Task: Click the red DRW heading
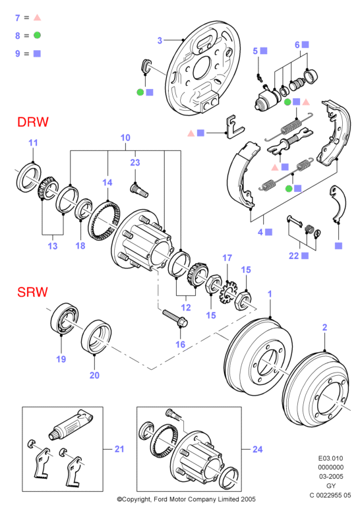pyautogui.click(x=33, y=122)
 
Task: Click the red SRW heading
pyautogui.click(x=32, y=292)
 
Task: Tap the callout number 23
pyautogui.click(x=135, y=163)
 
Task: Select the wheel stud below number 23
pyautogui.click(x=139, y=191)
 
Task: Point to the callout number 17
pyautogui.click(x=227, y=258)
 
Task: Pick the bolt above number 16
pyautogui.click(x=175, y=318)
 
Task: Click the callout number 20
pyautogui.click(x=94, y=375)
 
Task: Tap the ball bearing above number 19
pyautogui.click(x=64, y=319)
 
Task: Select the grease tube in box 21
pyautogui.click(x=71, y=425)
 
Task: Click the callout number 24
pyautogui.click(x=257, y=449)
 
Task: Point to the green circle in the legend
pyautogui.click(x=37, y=35)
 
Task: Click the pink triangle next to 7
pyautogui.click(x=38, y=18)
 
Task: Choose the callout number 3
pyautogui.click(x=160, y=41)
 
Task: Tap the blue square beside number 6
pyautogui.click(x=305, y=44)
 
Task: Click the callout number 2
pyautogui.click(x=324, y=327)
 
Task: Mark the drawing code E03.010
pyautogui.click(x=330, y=458)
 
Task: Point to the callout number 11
pyautogui.click(x=33, y=143)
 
